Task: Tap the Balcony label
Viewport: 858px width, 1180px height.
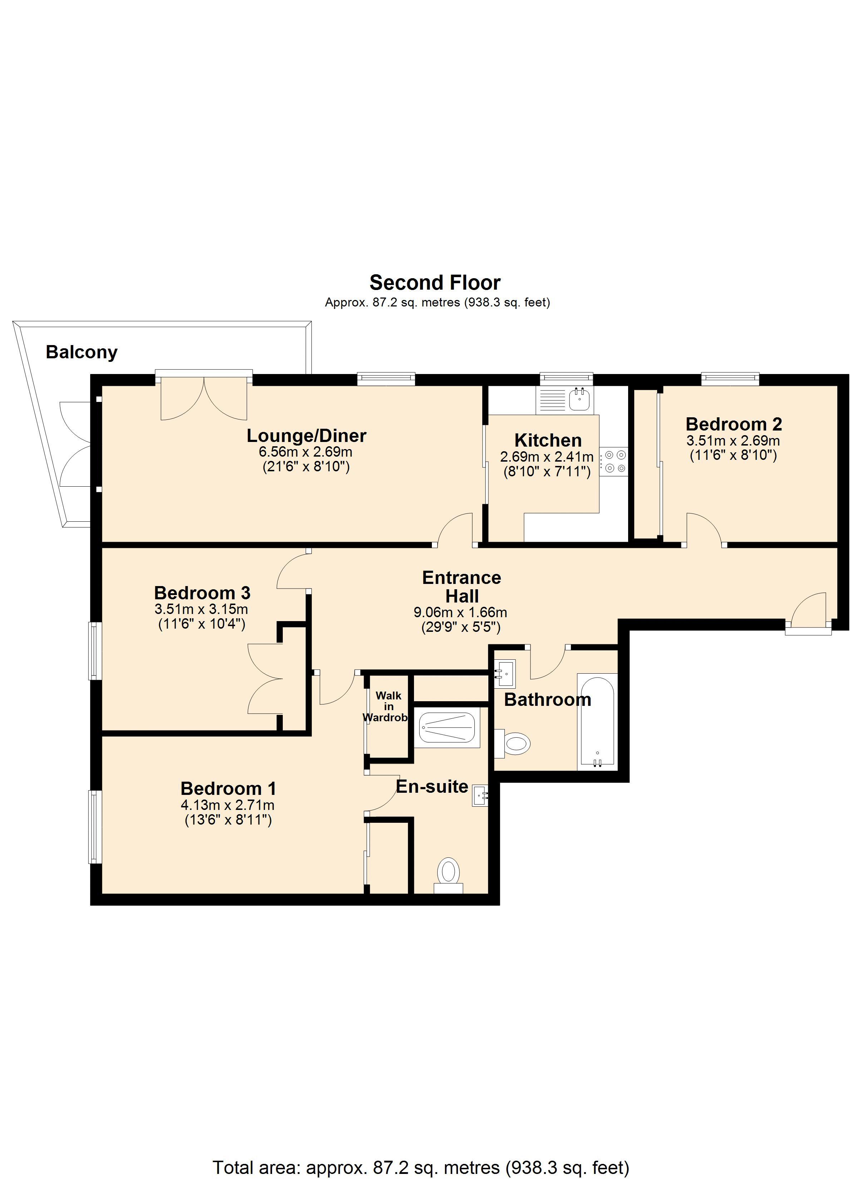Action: (82, 352)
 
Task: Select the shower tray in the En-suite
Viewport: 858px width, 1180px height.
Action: (448, 728)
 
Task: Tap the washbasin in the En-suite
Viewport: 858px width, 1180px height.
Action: (480, 796)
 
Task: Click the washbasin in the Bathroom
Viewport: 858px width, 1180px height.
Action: (504, 674)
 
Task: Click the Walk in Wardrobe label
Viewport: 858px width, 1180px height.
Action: (388, 707)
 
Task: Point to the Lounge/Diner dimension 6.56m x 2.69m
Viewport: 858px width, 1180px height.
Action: (306, 452)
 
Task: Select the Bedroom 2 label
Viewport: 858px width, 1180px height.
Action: (733, 424)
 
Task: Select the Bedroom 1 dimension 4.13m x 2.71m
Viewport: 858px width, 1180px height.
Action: (227, 805)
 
